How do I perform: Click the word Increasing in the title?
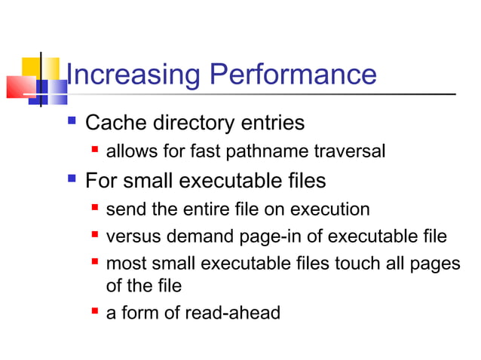133,75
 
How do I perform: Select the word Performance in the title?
293,75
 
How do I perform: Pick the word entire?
195,209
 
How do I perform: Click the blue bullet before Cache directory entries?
72,121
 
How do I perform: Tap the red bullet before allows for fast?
95,151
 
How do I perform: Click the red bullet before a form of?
95,311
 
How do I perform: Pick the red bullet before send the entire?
95,208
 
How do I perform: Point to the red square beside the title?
18,87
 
